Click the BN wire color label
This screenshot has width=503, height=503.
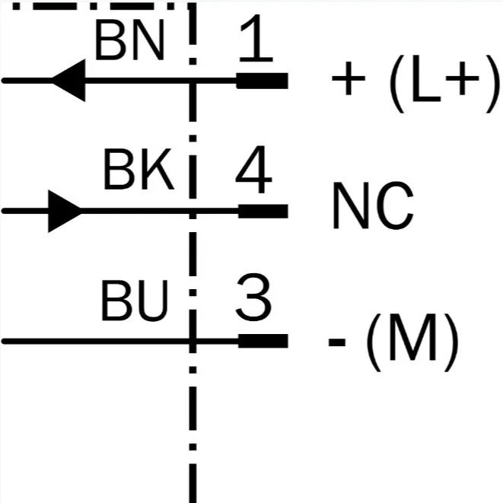(x=129, y=40)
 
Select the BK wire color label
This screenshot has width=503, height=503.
(x=139, y=169)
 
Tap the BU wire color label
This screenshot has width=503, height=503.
(x=135, y=301)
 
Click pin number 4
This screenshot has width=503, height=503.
(x=254, y=170)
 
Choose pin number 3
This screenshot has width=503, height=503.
(x=253, y=297)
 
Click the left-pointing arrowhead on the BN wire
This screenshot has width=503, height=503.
(x=68, y=81)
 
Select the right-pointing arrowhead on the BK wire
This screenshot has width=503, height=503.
(x=65, y=211)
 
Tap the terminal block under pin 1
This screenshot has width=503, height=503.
(x=263, y=81)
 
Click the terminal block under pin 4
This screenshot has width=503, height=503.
(x=263, y=211)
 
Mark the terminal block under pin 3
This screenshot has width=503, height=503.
(x=263, y=341)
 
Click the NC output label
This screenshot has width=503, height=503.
(x=373, y=205)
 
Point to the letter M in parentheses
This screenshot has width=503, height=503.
(x=413, y=337)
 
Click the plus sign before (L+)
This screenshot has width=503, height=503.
(x=349, y=78)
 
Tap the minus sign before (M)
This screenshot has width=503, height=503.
(x=337, y=342)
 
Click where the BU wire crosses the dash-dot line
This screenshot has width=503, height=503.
(x=193, y=341)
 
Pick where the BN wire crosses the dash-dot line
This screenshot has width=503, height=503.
(x=193, y=81)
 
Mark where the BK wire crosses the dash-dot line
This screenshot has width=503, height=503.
(x=193, y=211)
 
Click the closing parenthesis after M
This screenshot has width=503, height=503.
(x=451, y=342)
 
